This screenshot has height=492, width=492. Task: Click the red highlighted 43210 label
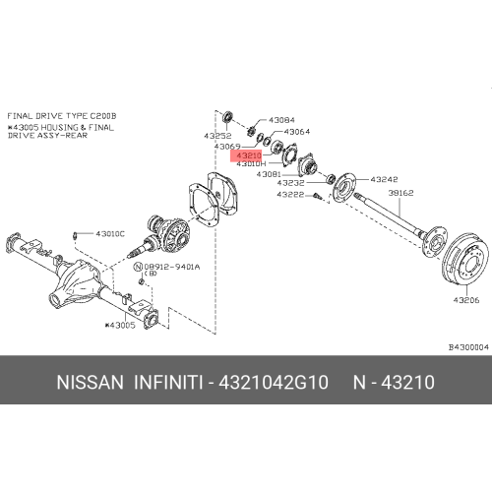[247, 155]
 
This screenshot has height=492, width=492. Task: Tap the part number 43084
[282, 120]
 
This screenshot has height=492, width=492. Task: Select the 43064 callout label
[297, 131]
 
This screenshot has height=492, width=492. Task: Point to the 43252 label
[217, 135]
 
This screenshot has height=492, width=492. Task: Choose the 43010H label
[250, 164]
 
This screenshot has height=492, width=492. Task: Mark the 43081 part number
[270, 173]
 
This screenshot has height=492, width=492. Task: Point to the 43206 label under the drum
[463, 299]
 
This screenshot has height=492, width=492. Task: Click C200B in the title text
[101, 115]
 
